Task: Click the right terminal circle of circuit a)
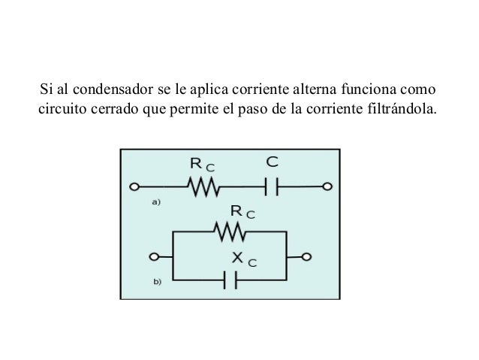pyautogui.click(x=327, y=186)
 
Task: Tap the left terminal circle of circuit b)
pyautogui.click(x=155, y=256)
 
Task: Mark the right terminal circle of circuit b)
pyautogui.click(x=307, y=256)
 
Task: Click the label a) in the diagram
pyautogui.click(x=158, y=201)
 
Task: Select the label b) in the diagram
pyautogui.click(x=158, y=283)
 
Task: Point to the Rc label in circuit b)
pyautogui.click(x=242, y=212)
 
